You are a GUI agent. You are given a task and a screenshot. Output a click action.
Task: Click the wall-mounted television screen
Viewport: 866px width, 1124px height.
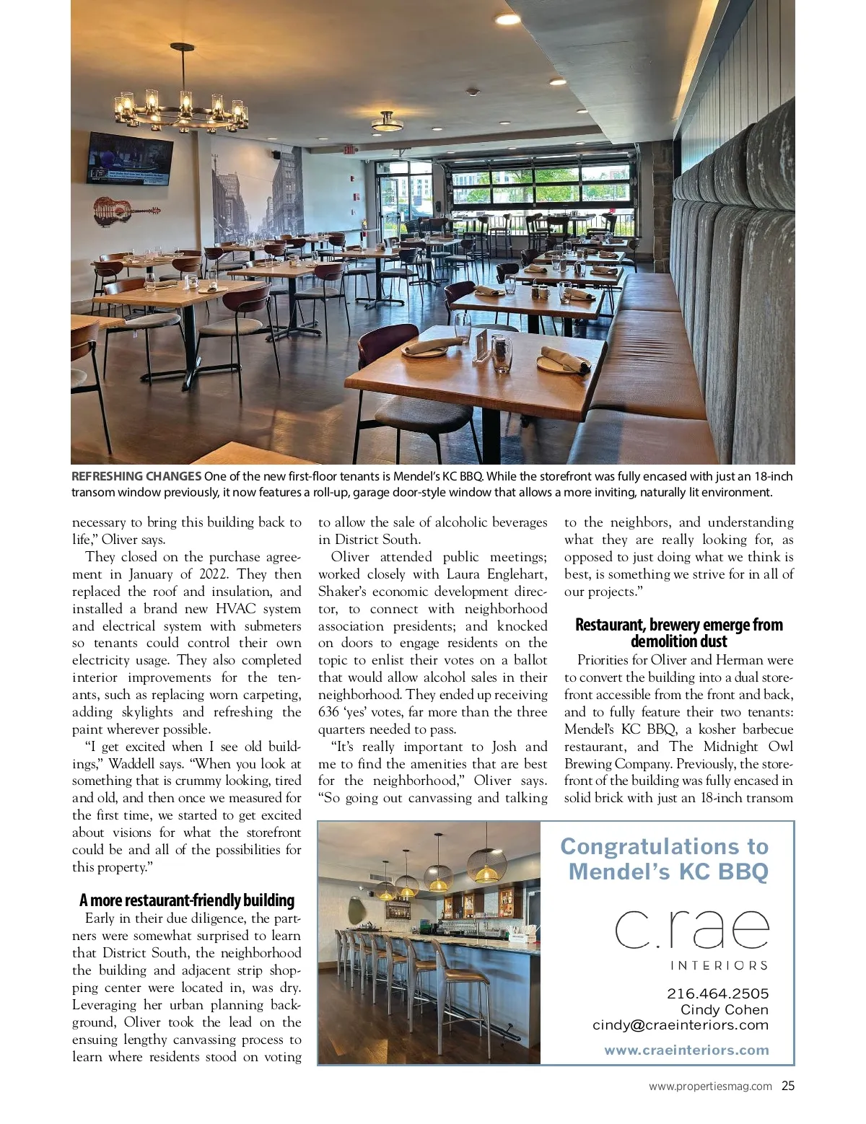pyautogui.click(x=131, y=158)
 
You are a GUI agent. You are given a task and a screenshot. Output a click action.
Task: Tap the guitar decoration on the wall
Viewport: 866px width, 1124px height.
pyautogui.click(x=126, y=211)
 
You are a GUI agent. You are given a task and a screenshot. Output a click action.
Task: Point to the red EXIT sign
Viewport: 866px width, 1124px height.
pyautogui.click(x=349, y=150)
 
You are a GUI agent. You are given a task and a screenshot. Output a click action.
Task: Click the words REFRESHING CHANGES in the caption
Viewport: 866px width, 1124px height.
pyautogui.click(x=136, y=476)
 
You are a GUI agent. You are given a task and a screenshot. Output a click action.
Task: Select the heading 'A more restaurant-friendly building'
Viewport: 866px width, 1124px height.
pyautogui.click(x=187, y=900)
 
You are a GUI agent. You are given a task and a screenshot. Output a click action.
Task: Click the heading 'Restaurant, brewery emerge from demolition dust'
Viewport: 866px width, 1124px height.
pyautogui.click(x=678, y=633)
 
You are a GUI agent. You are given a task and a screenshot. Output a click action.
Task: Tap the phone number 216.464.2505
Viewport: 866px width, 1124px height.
pyautogui.click(x=717, y=993)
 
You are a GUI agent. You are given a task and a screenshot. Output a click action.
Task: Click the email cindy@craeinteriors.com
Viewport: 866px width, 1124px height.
pyautogui.click(x=680, y=1024)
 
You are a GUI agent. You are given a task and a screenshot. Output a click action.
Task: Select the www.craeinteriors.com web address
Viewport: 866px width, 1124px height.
pyautogui.click(x=686, y=1050)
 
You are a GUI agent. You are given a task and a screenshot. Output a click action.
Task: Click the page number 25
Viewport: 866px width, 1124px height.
pyautogui.click(x=787, y=1086)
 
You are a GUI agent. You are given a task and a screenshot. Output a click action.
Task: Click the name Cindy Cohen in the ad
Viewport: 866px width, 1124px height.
pyautogui.click(x=724, y=1009)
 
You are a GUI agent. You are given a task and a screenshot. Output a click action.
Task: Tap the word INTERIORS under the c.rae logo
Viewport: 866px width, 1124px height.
pyautogui.click(x=719, y=965)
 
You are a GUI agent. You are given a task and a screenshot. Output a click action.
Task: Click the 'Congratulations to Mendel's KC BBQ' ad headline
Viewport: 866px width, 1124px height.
pyautogui.click(x=665, y=859)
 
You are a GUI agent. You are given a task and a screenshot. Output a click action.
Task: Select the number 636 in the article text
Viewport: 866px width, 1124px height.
pyautogui.click(x=329, y=712)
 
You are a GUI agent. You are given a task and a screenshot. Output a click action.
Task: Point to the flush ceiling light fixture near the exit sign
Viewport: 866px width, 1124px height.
pyautogui.click(x=388, y=123)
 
